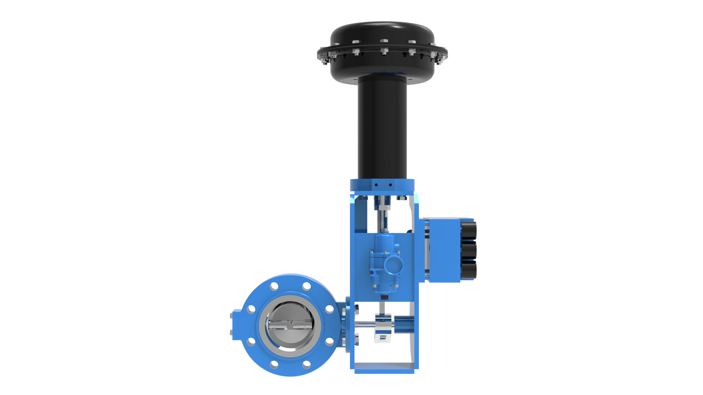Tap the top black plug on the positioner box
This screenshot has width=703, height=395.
pos(468,230)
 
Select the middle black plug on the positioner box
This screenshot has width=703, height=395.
pos(468,250)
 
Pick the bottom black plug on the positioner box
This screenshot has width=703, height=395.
pos(468,270)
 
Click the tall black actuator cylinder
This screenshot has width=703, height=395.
pos(382,128)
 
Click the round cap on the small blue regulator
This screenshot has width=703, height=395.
pos(394,265)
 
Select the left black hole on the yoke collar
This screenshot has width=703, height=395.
pos(376,185)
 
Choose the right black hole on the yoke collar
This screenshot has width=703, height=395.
pos(390,185)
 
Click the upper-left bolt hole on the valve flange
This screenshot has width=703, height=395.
pos(274,286)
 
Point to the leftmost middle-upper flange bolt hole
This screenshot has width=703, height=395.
pos(251,309)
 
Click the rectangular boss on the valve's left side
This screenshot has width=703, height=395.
pos(236,325)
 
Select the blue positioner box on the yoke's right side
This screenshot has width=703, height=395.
pos(443,250)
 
